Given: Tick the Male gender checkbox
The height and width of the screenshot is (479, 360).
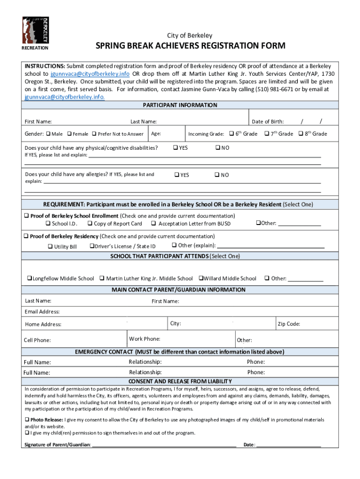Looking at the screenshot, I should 48,134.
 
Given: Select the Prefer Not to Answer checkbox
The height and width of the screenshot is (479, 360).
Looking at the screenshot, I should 94,134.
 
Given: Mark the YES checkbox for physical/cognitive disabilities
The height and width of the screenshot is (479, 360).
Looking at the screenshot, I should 175,148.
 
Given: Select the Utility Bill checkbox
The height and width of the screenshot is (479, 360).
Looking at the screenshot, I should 50,247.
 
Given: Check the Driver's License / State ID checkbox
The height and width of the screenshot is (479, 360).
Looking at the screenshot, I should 92,246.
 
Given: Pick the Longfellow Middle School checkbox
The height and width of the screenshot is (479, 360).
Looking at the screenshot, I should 29,278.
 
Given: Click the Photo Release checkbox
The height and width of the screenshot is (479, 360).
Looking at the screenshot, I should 27,420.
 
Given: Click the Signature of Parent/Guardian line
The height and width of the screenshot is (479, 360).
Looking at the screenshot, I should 164,445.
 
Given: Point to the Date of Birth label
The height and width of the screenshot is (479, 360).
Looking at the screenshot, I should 267,122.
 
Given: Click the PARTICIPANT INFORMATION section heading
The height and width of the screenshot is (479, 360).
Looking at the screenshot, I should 180,105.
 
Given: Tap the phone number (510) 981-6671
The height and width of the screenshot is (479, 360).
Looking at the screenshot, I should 255,89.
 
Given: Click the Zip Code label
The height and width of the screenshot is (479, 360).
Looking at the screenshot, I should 289,324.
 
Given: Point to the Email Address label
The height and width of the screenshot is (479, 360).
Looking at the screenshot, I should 42,312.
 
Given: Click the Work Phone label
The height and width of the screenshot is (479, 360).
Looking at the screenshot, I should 144,339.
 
